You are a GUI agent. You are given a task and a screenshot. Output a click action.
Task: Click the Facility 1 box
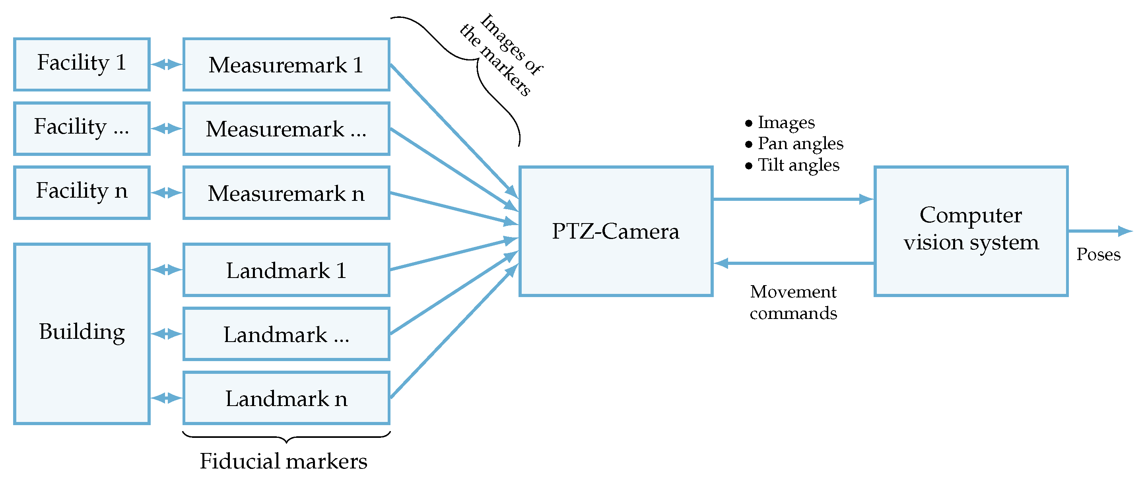click(x=82, y=64)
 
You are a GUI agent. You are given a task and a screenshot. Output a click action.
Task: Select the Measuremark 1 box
click(x=286, y=64)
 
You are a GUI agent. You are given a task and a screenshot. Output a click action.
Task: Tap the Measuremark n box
click(x=286, y=193)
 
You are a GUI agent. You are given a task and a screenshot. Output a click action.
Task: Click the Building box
click(x=82, y=333)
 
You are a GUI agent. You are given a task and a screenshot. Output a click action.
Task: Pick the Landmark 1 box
click(x=286, y=270)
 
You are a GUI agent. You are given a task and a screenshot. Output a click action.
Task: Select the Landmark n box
click(x=286, y=398)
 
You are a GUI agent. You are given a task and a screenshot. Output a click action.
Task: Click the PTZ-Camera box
click(x=616, y=231)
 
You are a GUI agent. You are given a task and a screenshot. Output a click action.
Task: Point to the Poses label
click(x=1098, y=255)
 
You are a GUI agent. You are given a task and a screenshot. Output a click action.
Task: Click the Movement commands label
click(x=793, y=302)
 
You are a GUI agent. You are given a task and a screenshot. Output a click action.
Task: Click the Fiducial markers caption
click(x=284, y=461)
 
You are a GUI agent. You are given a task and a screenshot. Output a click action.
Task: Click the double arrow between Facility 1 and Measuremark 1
click(x=167, y=64)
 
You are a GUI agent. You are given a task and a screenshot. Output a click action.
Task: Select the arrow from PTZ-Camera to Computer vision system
click(x=793, y=199)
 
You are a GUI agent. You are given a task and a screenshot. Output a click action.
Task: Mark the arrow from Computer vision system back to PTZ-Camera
click(x=793, y=263)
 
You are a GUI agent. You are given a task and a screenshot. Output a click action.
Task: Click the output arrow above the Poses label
click(x=1099, y=231)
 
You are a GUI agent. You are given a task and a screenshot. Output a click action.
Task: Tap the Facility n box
click(x=82, y=193)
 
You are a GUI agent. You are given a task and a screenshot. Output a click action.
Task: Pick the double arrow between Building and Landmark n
click(x=167, y=398)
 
